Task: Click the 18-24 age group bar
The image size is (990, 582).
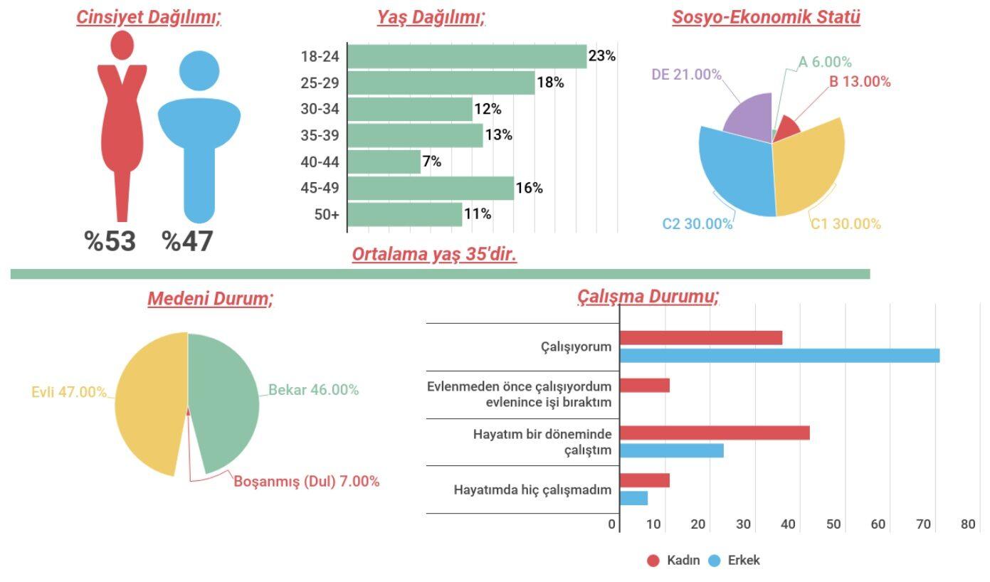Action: point(467,56)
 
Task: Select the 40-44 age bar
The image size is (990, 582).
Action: point(384,162)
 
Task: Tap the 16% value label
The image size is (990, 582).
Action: point(529,188)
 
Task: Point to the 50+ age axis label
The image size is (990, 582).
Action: point(327,214)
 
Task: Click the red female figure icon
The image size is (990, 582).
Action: point(122,121)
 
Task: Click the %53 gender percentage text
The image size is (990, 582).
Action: point(110,241)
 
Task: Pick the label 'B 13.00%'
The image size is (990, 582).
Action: point(859,82)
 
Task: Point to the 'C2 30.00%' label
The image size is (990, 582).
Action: point(697,224)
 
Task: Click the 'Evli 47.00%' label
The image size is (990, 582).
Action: point(69,392)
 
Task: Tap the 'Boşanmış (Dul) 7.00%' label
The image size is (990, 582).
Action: point(307,482)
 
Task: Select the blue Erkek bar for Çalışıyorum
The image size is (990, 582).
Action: point(779,355)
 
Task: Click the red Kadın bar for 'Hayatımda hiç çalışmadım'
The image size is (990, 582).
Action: point(645,480)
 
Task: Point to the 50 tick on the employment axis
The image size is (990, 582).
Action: point(833,525)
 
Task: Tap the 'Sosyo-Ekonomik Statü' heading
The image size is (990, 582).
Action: point(766,18)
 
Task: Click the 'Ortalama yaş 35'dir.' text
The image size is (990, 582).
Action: point(434,255)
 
